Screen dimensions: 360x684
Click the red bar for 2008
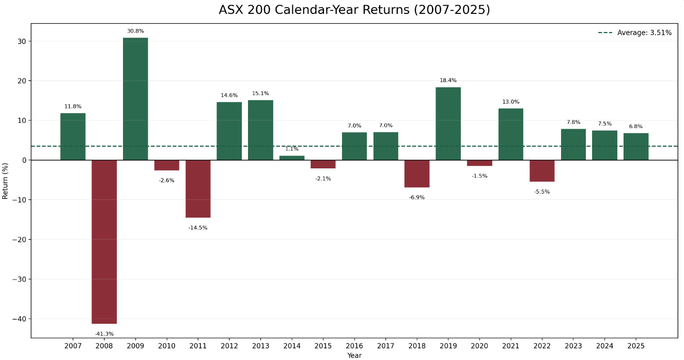click(104, 242)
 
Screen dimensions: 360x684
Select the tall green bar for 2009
click(135, 99)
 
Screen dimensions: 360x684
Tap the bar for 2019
click(448, 123)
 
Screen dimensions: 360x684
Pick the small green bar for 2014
click(292, 158)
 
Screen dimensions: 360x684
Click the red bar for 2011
click(198, 189)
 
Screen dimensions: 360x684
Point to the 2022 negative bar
click(542, 171)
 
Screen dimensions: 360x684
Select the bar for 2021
click(511, 134)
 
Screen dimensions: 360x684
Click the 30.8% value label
click(135, 31)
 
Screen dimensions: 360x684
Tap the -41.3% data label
click(104, 334)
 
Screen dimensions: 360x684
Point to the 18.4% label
click(448, 81)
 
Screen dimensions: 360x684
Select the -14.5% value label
click(198, 228)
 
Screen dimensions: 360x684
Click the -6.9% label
click(417, 197)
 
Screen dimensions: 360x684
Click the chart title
click(354, 10)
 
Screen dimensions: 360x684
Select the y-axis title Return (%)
click(6, 180)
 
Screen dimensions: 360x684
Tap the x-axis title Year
click(354, 355)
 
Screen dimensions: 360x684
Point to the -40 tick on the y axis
click(19, 319)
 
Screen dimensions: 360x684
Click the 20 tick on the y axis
click(22, 81)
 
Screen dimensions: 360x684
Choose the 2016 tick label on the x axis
click(354, 345)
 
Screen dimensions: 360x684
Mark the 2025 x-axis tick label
click(636, 345)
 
